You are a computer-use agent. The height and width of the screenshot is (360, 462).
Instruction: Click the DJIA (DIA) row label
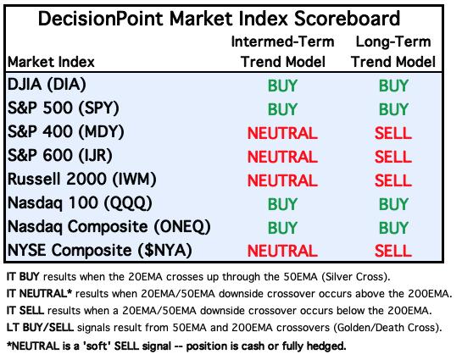pyautogui.click(x=47, y=85)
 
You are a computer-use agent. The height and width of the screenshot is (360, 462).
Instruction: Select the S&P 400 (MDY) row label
pyautogui.click(x=66, y=131)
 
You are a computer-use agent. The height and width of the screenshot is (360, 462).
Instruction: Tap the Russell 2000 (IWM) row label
pyautogui.click(x=82, y=179)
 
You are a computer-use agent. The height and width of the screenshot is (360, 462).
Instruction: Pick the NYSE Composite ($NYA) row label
pyautogui.click(x=100, y=250)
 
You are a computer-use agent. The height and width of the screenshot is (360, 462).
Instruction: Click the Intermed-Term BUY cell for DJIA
pyautogui.click(x=282, y=86)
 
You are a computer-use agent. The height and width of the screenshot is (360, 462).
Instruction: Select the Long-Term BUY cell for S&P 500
pyautogui.click(x=393, y=109)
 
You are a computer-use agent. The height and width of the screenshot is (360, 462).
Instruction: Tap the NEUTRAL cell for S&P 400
pyautogui.click(x=282, y=133)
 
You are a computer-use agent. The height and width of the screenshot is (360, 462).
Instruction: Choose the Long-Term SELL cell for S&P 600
pyautogui.click(x=393, y=157)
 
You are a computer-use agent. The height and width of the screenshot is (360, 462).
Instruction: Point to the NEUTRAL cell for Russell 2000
pyautogui.click(x=282, y=180)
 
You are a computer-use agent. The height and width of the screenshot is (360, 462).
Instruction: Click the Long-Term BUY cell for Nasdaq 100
pyautogui.click(x=393, y=204)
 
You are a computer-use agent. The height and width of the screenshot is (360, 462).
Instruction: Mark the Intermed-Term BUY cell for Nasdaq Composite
pyautogui.click(x=282, y=228)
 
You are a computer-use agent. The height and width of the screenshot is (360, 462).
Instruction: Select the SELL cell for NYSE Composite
pyautogui.click(x=393, y=251)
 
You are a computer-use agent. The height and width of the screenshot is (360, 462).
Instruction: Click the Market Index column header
pyautogui.click(x=51, y=62)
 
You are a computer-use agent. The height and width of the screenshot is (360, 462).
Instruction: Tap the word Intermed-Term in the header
pyautogui.click(x=282, y=42)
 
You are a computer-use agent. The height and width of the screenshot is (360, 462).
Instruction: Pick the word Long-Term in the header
pyautogui.click(x=393, y=42)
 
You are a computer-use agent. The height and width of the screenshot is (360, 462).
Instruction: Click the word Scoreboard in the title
pyautogui.click(x=347, y=19)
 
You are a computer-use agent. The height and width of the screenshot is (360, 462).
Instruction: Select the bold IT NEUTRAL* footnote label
pyautogui.click(x=39, y=294)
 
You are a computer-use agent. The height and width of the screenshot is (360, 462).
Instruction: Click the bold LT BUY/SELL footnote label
pyautogui.click(x=40, y=328)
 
